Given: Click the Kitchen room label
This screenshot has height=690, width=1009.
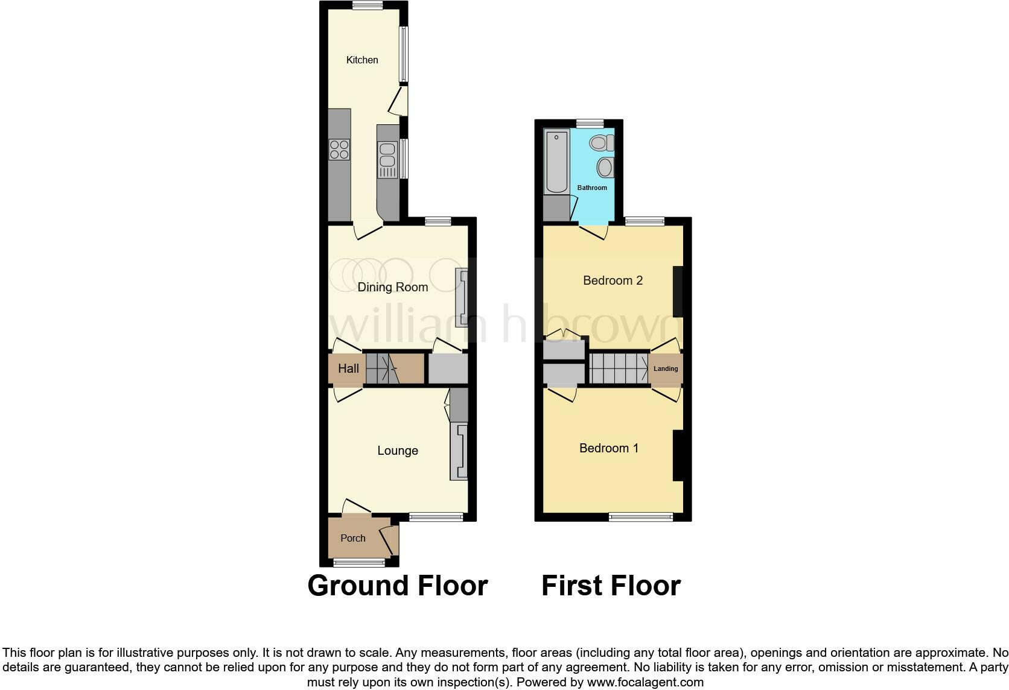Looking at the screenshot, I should pos(362,60).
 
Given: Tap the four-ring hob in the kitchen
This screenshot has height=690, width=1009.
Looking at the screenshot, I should pos(339,149).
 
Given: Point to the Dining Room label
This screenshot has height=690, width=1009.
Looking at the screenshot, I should pos(393,287).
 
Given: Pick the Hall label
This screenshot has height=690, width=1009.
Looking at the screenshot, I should pos(348,369).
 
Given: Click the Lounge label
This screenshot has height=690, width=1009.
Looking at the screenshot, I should pos(398,451).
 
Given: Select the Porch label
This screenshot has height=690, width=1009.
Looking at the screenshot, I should pos(353,538).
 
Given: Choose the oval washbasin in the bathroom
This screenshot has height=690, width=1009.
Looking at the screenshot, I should pos(605,167).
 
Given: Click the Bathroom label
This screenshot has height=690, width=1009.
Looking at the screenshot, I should pos(592,188).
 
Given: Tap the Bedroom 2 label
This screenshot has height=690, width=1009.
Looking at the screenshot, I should pos(613,280).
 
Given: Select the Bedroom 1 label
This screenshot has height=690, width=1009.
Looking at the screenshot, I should pos(609,448).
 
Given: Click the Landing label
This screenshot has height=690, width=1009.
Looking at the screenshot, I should pos(666,369).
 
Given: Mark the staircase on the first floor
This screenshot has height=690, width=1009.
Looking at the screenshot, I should pos(619,368).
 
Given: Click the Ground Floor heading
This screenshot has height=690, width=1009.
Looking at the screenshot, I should pos(398,586).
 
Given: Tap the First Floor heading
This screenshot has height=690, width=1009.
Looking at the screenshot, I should pos(611,586).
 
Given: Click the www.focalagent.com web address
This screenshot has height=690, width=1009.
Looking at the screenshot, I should pos(645,683).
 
